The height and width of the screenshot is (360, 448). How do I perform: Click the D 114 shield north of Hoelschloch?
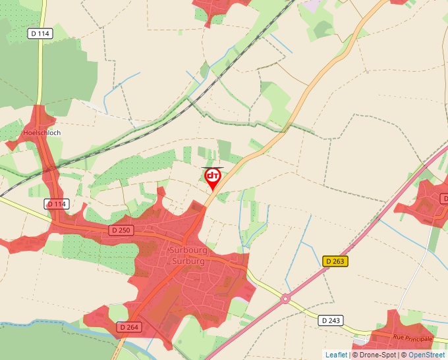click(40, 33)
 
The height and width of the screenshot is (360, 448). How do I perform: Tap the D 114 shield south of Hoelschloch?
click(57, 204)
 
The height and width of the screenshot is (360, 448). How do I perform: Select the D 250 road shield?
click(121, 230)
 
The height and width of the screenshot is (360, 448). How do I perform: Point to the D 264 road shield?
click(130, 326)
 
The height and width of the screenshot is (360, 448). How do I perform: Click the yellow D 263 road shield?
click(335, 261)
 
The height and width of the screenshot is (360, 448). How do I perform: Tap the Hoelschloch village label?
click(42, 133)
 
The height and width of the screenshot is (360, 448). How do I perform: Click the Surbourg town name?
click(189, 251)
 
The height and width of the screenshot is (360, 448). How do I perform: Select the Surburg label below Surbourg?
click(189, 261)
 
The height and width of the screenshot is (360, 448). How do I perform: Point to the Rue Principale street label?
click(412, 338)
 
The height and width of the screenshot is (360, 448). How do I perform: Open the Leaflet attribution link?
click(336, 355)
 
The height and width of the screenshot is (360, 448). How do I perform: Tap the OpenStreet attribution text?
click(428, 355)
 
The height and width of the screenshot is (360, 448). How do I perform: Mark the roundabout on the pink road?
click(285, 298)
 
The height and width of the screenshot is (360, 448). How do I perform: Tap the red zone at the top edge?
click(217, 8)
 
